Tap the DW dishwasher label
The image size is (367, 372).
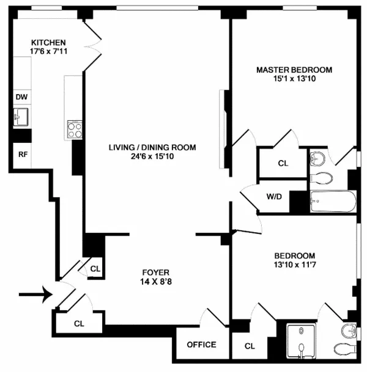(21, 97)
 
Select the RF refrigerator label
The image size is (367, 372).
(22, 154)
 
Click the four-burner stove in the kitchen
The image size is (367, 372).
(75, 129)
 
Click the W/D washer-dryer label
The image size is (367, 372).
(273, 197)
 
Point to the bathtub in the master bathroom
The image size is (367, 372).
(333, 202)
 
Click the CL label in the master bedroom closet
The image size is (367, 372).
(283, 163)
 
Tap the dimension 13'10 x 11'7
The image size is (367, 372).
(294, 265)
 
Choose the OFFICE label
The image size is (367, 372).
(202, 345)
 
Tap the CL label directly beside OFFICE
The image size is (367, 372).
(249, 346)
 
